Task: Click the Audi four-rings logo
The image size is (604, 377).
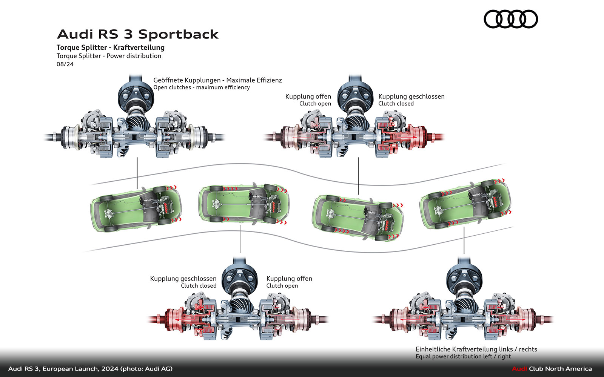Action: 510,19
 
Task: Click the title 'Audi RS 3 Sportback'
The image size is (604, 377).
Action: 138,34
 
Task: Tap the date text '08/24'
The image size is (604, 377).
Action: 65,64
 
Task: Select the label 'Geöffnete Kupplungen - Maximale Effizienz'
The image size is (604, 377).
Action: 217,80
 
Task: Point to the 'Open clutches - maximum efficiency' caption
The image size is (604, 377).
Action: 202,87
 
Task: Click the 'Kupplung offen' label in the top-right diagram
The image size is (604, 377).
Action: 308,97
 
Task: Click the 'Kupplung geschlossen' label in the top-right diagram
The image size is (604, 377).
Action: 411,97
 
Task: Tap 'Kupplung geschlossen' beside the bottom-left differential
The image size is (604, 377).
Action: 183,279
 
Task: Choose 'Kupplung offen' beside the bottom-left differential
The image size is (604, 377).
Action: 289,279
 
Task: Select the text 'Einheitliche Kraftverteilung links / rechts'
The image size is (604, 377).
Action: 476,349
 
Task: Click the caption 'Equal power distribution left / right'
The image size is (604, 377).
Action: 463,357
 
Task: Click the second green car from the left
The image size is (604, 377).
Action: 243,205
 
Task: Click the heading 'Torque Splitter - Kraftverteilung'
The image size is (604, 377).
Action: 111,48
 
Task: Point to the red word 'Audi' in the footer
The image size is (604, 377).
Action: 519,369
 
